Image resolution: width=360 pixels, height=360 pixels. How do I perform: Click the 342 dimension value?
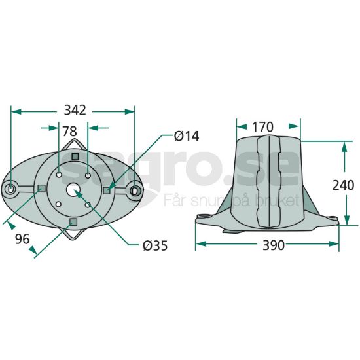[75, 110]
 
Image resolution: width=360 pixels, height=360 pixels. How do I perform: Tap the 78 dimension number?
[70, 132]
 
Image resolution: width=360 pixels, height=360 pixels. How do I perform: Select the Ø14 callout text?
[187, 136]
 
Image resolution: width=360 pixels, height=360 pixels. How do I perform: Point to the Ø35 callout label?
[155, 245]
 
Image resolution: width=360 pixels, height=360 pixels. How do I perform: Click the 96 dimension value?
[22, 239]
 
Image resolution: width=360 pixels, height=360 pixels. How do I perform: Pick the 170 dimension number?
[263, 127]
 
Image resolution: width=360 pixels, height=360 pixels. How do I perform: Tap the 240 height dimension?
[343, 185]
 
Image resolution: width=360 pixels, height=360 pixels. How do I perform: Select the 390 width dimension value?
[274, 245]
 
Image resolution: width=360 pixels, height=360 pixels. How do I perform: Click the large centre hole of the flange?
[73, 189]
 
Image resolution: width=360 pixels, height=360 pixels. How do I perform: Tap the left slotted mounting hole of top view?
[10, 189]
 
